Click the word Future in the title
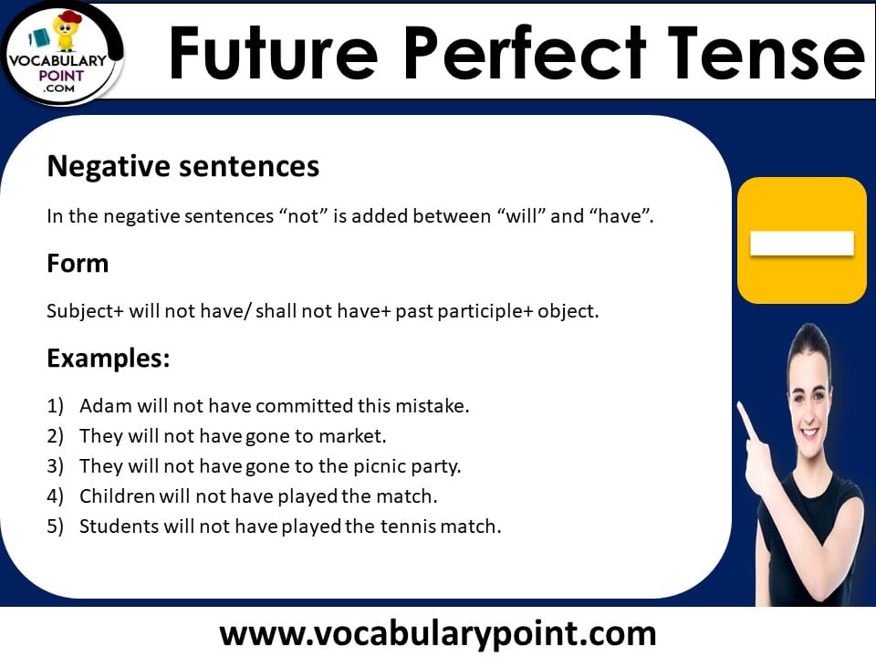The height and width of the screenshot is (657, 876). (x=273, y=53)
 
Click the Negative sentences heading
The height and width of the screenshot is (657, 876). (x=183, y=166)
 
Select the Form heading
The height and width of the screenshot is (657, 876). (x=78, y=263)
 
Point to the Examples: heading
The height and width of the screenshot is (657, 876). (x=109, y=358)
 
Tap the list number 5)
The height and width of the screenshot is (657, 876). (x=56, y=527)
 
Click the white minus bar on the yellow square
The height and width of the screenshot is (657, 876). (x=802, y=244)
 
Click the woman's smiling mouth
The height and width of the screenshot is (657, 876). (x=809, y=432)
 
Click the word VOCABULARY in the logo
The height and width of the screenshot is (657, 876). (x=57, y=61)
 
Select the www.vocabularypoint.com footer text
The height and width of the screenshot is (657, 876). (x=437, y=634)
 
